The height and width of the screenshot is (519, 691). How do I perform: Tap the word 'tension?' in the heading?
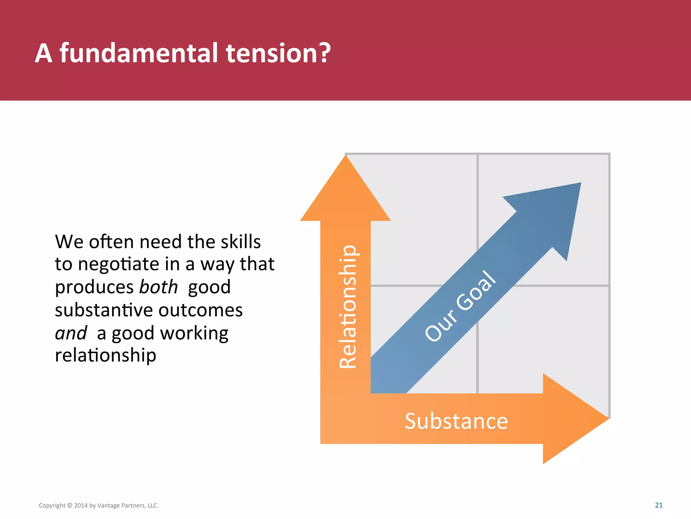point(278,53)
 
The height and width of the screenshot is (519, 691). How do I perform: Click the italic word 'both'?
point(158,287)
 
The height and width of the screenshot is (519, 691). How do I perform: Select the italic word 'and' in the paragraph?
point(71,333)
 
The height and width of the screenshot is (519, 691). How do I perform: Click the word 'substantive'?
point(104,310)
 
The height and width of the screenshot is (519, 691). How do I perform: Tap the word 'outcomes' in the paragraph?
point(200,310)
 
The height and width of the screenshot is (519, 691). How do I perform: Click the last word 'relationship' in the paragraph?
point(105,355)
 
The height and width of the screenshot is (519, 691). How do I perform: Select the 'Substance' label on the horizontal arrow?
point(456,421)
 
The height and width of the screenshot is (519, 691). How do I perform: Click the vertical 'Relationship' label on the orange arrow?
point(348,306)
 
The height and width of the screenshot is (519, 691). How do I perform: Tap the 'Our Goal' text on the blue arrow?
point(460,306)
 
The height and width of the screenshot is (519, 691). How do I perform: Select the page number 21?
point(659,505)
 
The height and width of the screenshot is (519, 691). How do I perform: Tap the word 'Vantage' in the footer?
point(109,505)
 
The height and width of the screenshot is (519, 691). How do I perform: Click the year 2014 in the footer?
point(81,505)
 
